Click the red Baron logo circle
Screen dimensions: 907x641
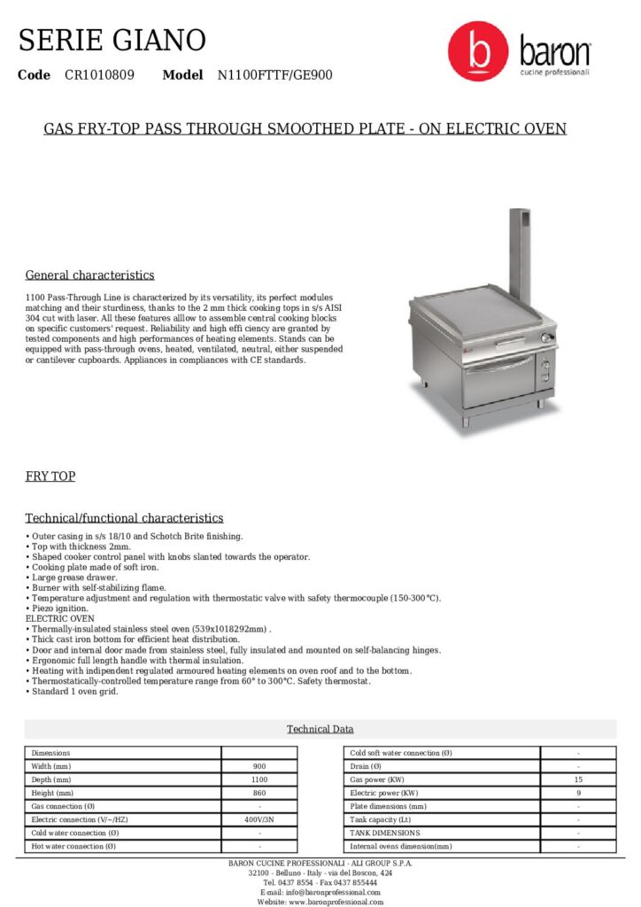(478, 51)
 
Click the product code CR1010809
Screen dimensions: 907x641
(99, 75)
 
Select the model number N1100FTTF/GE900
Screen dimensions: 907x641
(275, 75)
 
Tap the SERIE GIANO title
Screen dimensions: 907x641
(112, 40)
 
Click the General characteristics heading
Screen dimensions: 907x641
(89, 275)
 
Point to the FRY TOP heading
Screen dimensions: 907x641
(50, 477)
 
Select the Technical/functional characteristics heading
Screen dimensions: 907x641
(124, 518)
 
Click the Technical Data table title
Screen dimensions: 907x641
(320, 729)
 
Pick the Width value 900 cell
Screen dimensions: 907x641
(259, 766)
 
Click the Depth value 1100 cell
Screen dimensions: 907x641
(259, 779)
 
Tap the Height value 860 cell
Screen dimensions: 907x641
(259, 793)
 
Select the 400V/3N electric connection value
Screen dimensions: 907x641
(259, 819)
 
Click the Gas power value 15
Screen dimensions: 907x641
(578, 779)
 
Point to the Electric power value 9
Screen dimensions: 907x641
(578, 793)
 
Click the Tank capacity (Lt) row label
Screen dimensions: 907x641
(381, 819)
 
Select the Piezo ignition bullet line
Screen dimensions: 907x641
(59, 609)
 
